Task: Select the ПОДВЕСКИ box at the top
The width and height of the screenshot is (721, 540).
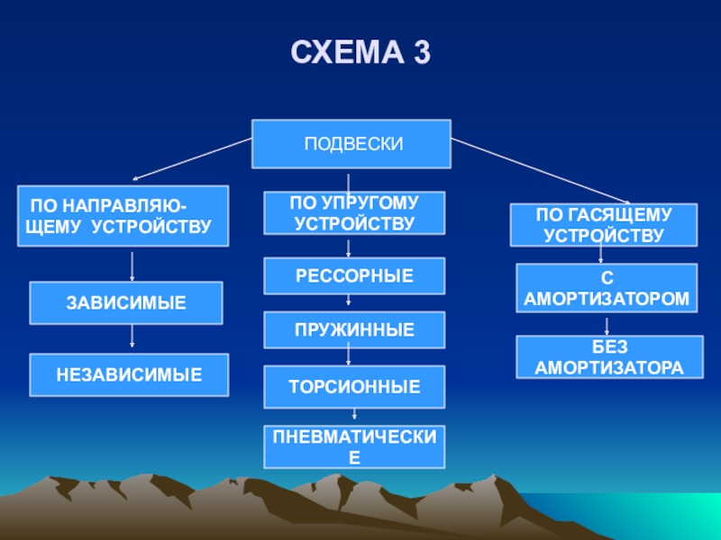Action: click(351, 144)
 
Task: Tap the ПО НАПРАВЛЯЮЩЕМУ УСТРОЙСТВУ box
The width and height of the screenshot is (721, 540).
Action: click(123, 216)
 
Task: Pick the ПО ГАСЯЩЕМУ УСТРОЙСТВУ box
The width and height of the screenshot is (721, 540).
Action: click(604, 225)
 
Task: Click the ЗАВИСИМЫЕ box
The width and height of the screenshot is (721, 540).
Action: click(126, 303)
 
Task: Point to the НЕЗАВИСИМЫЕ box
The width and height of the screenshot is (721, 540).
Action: click(129, 374)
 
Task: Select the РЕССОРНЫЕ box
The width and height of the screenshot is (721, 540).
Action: click(354, 275)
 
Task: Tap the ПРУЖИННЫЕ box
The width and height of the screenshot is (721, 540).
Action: click(354, 330)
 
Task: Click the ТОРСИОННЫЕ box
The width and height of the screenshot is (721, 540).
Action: click(354, 385)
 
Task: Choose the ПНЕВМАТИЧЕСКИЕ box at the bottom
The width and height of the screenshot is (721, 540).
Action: click(354, 446)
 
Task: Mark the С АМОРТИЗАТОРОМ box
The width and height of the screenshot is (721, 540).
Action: click(607, 288)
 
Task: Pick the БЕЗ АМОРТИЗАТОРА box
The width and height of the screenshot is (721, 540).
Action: click(609, 357)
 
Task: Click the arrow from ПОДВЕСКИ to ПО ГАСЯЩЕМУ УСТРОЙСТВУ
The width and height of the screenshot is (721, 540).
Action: click(541, 171)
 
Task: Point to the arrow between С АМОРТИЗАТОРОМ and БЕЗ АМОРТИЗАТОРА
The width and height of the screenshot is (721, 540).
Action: click(605, 324)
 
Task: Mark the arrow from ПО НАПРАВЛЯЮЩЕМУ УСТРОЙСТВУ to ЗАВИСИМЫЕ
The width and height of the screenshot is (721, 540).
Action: click(132, 265)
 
